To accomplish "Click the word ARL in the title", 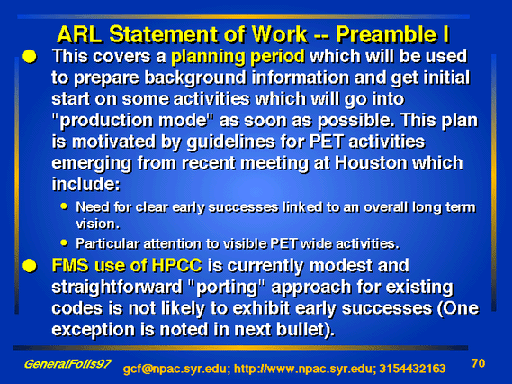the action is (79, 34).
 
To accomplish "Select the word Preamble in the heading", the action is (386, 34).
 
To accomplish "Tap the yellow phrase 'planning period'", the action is (238, 57).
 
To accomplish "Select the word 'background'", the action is (195, 78).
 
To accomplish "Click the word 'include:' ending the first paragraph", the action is (85, 184).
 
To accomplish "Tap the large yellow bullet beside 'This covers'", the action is (30, 57).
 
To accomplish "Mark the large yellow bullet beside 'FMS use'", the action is (30, 266).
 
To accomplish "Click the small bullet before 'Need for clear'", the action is (64, 206).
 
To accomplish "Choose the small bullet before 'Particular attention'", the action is (64, 243).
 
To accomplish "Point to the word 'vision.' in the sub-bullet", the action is (98, 224).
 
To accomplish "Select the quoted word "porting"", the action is (226, 288).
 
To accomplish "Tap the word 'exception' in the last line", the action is (93, 330).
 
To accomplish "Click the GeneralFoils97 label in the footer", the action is (67, 364).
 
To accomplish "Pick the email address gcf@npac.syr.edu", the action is (176, 369).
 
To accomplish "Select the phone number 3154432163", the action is (412, 369).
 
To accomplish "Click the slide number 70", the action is (479, 363).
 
